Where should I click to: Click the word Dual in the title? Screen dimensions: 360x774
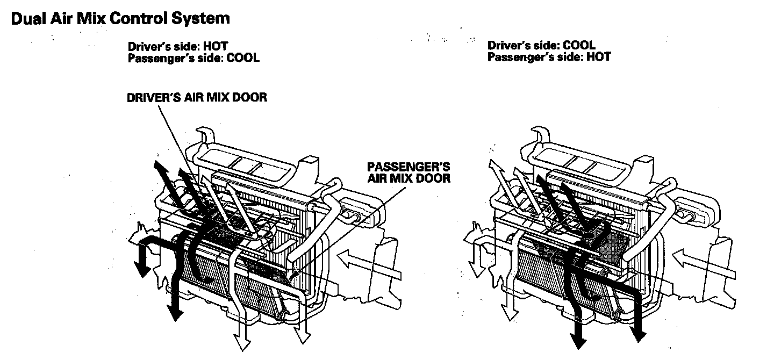[x=27, y=19]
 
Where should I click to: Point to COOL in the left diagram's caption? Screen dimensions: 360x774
[x=243, y=57]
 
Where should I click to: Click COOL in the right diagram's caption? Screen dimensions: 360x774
[x=579, y=46]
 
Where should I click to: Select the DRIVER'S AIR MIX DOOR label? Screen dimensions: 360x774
[x=197, y=98]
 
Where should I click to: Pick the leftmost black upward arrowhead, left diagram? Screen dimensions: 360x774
[x=157, y=164]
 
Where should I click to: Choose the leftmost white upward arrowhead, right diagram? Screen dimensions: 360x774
[x=493, y=164]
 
